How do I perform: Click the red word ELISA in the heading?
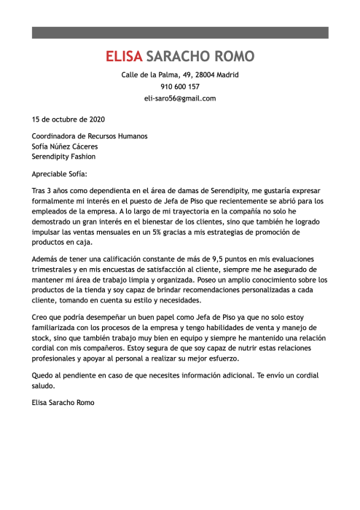pos(124,57)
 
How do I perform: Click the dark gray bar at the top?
pos(180,33)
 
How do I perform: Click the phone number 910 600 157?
pos(180,87)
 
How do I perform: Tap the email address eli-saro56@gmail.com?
pos(180,98)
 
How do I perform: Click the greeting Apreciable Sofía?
pos(59,174)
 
